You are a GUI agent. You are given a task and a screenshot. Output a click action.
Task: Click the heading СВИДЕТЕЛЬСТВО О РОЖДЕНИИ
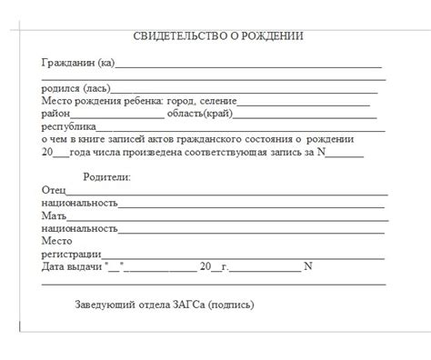point(218,36)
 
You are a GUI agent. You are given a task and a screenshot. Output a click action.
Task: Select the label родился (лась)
point(75,88)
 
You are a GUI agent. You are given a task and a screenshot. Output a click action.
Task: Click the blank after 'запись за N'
point(351,154)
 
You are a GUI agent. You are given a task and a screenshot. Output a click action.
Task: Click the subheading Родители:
point(106,177)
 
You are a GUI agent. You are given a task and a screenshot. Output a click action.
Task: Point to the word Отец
point(54,190)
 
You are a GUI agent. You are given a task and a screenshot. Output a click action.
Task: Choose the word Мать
point(54,215)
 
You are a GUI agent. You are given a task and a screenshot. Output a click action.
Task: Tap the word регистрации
point(72,254)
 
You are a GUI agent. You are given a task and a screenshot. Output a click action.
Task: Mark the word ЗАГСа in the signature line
point(187,305)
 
